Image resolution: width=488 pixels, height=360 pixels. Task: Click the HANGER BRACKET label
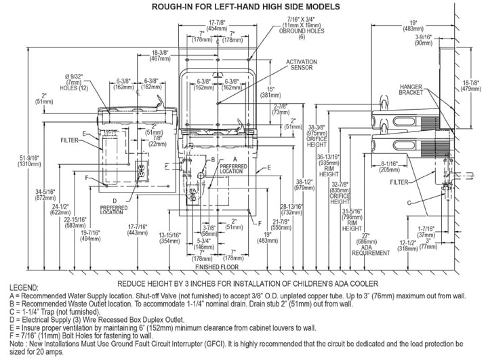point(412,90)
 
